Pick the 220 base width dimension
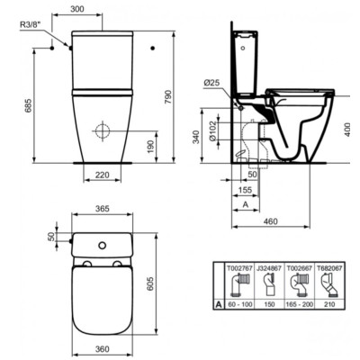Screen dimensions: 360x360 pyautogui.click(x=102, y=175)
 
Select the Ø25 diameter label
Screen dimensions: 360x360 pyautogui.click(x=213, y=84)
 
